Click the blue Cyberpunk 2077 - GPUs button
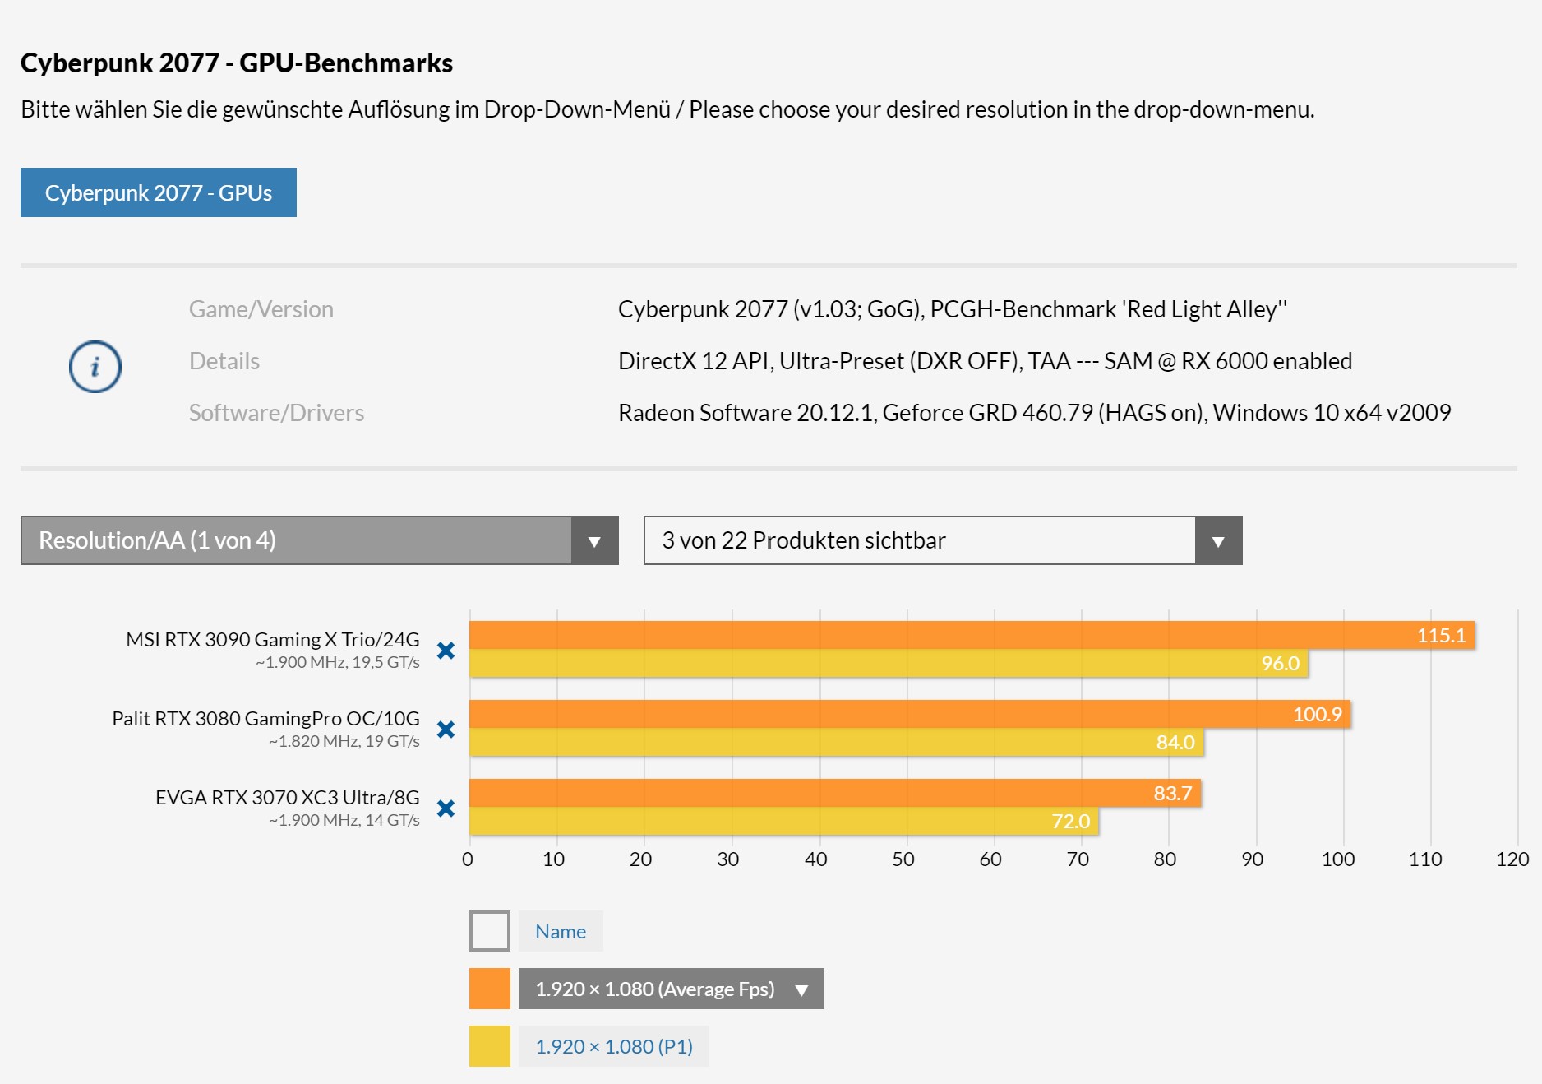point(158,192)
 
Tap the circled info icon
point(95,366)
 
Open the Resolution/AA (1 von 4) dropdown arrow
point(594,540)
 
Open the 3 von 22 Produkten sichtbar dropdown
point(942,540)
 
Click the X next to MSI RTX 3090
point(446,651)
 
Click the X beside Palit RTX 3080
point(446,730)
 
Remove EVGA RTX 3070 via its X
point(446,808)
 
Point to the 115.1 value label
point(1440,635)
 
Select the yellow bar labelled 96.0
point(888,664)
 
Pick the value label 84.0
point(1175,743)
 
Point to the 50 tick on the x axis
point(903,859)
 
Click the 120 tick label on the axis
point(1512,859)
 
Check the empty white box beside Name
point(489,931)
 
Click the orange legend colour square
point(489,989)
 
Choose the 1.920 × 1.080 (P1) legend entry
point(613,1046)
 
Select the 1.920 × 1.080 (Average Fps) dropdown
point(670,989)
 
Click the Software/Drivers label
point(276,413)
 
